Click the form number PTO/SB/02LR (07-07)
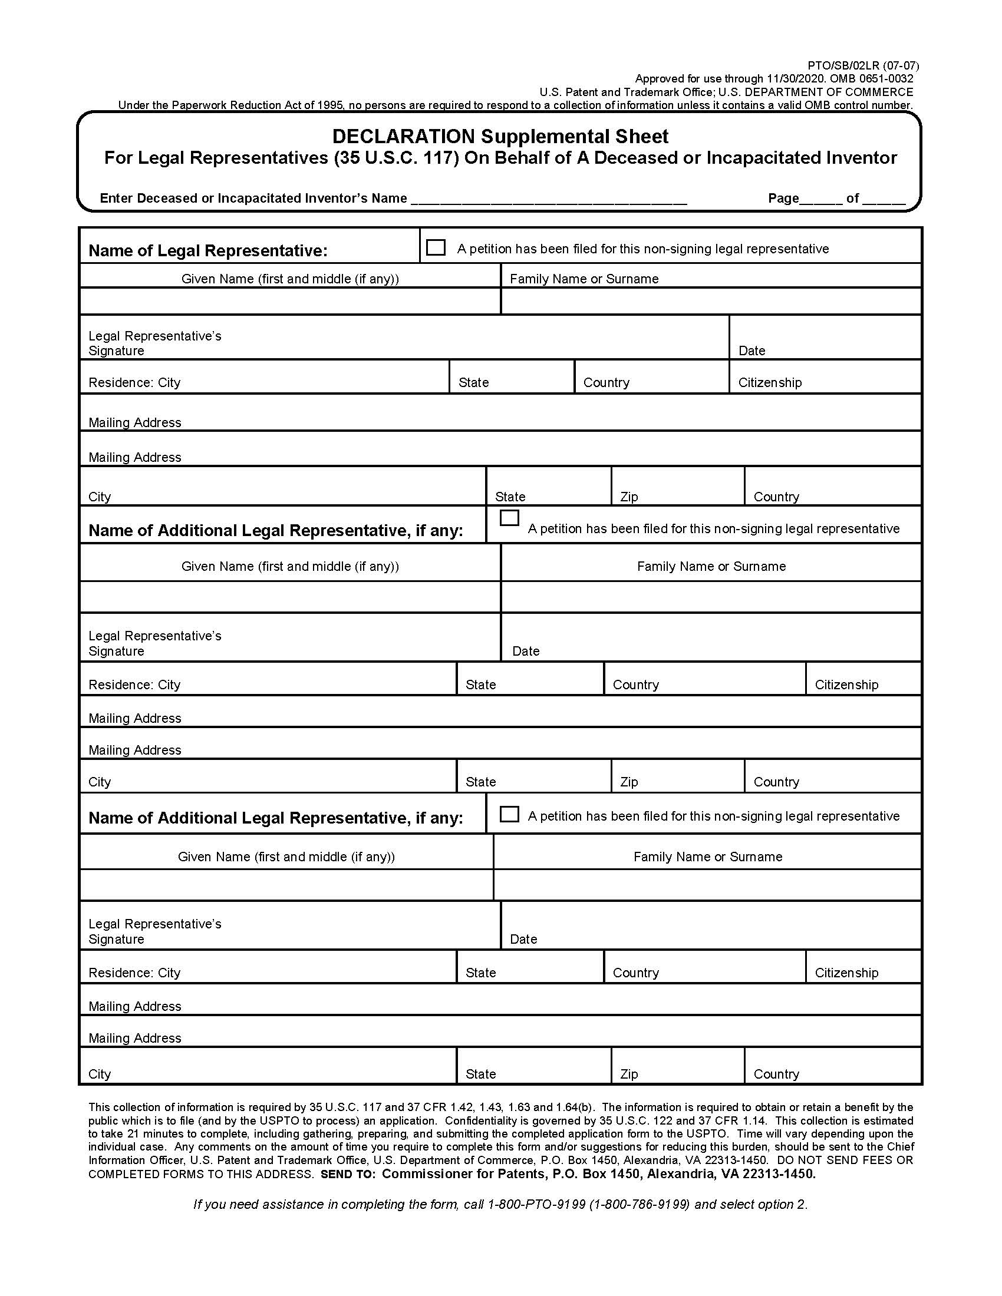tap(862, 65)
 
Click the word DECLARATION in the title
tap(404, 137)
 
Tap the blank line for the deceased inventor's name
tap(549, 199)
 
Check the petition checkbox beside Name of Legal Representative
tap(436, 247)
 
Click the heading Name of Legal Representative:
tap(207, 250)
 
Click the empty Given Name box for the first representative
tap(289, 302)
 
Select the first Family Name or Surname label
tap(584, 279)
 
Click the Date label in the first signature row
tap(751, 351)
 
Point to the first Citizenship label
tap(769, 383)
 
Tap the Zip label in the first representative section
tap(629, 497)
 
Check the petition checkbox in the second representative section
tap(509, 518)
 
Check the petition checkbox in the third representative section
tap(509, 814)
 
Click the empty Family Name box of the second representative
tap(711, 597)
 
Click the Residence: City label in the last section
tap(134, 973)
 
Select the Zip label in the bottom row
tap(629, 1074)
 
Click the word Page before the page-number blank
tap(783, 198)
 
